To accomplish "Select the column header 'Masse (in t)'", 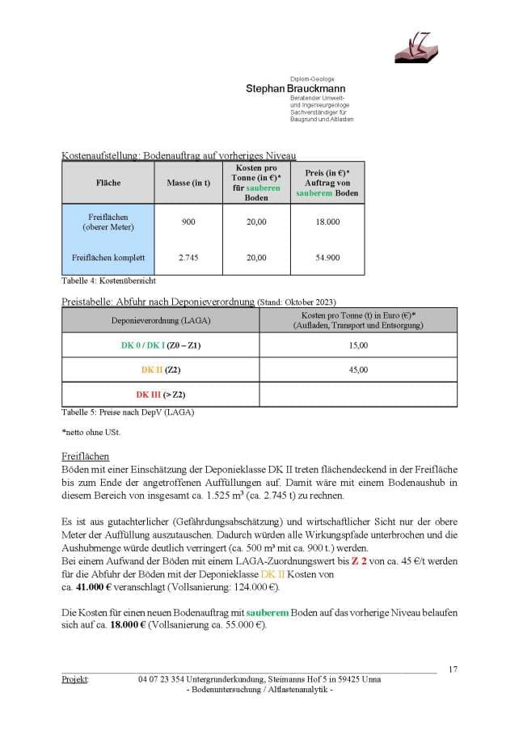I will [188, 183].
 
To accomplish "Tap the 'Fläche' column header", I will [108, 183].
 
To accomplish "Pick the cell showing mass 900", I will [188, 222].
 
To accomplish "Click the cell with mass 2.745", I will [188, 257].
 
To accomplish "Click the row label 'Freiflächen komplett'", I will [108, 257].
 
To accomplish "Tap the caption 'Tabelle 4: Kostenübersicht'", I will [108, 281].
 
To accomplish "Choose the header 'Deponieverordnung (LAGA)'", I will [160, 319].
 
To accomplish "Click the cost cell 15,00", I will [357, 345].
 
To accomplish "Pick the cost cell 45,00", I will [357, 370].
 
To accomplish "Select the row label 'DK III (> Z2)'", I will [160, 395].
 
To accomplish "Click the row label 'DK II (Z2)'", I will [160, 370].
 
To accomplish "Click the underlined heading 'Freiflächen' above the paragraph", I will [85, 457].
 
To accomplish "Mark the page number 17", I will [453, 669].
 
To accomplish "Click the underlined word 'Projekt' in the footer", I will [75, 679].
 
